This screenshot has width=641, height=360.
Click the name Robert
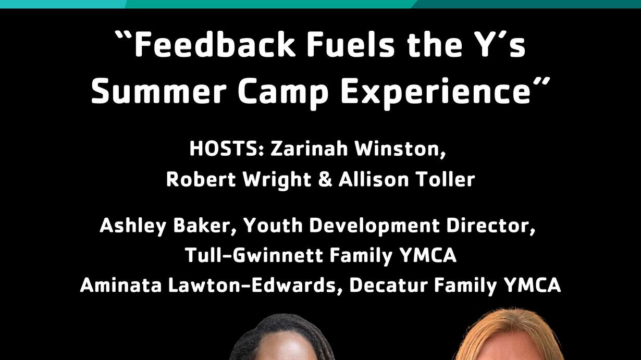tap(201, 180)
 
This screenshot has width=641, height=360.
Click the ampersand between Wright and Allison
tap(325, 180)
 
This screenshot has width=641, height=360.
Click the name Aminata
tap(121, 285)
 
